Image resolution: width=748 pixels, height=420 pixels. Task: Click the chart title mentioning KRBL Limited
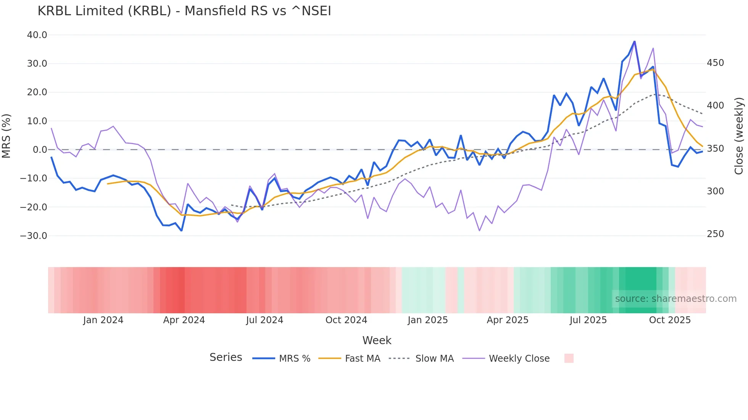tap(184, 11)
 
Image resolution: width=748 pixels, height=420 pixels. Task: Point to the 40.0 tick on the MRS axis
tap(37, 35)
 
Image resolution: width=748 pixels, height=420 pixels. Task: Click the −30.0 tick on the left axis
tap(34, 236)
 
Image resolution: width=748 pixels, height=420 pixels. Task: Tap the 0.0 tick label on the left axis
tap(40, 150)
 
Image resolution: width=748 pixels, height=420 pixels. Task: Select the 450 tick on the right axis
tap(715, 63)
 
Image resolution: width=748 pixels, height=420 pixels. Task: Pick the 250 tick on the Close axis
tap(715, 234)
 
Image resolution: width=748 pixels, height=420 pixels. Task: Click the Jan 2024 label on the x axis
tap(103, 320)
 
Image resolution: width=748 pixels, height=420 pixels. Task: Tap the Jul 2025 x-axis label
tap(588, 320)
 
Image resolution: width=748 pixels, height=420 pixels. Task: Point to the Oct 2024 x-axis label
tap(346, 320)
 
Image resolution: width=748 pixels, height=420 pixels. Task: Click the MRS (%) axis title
tap(6, 136)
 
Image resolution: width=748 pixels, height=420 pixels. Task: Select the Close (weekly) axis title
tap(739, 136)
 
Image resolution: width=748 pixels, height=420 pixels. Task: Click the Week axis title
tap(377, 340)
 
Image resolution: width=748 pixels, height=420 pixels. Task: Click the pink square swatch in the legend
tap(569, 358)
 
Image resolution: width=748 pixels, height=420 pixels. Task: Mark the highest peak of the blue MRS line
tap(634, 41)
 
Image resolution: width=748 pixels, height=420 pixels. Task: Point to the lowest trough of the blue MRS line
tap(182, 231)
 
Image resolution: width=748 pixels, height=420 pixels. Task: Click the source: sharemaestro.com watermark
tap(675, 299)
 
